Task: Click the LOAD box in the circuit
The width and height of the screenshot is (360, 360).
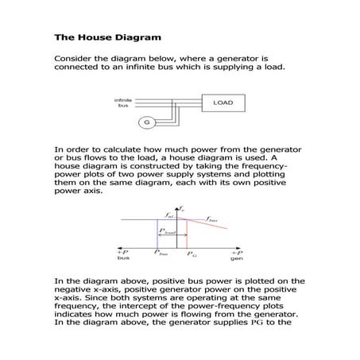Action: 222,103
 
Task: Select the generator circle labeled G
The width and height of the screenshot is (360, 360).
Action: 145,122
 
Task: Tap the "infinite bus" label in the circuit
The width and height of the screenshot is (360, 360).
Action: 123,103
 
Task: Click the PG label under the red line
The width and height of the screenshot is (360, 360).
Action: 192,253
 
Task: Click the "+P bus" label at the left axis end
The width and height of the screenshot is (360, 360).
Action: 123,255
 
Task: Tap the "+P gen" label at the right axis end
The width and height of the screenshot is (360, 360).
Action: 236,255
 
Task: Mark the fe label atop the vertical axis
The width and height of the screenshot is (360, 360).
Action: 181,207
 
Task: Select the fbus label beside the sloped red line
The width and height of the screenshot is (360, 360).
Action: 213,217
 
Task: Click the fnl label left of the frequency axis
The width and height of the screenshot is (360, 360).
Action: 168,215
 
